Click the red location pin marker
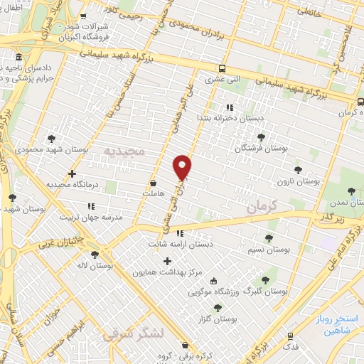(182, 166)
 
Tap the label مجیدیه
(124, 151)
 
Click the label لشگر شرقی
(133, 333)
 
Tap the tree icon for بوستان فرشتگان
(261, 136)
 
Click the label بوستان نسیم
(272, 250)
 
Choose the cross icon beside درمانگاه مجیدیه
(72, 173)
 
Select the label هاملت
(153, 193)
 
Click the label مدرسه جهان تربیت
(90, 217)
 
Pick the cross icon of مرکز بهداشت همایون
(167, 261)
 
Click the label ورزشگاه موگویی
(217, 291)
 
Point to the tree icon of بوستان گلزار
(218, 307)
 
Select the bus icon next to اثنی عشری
(223, 68)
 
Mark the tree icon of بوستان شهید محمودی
(51, 139)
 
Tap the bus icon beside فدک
(290, 336)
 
